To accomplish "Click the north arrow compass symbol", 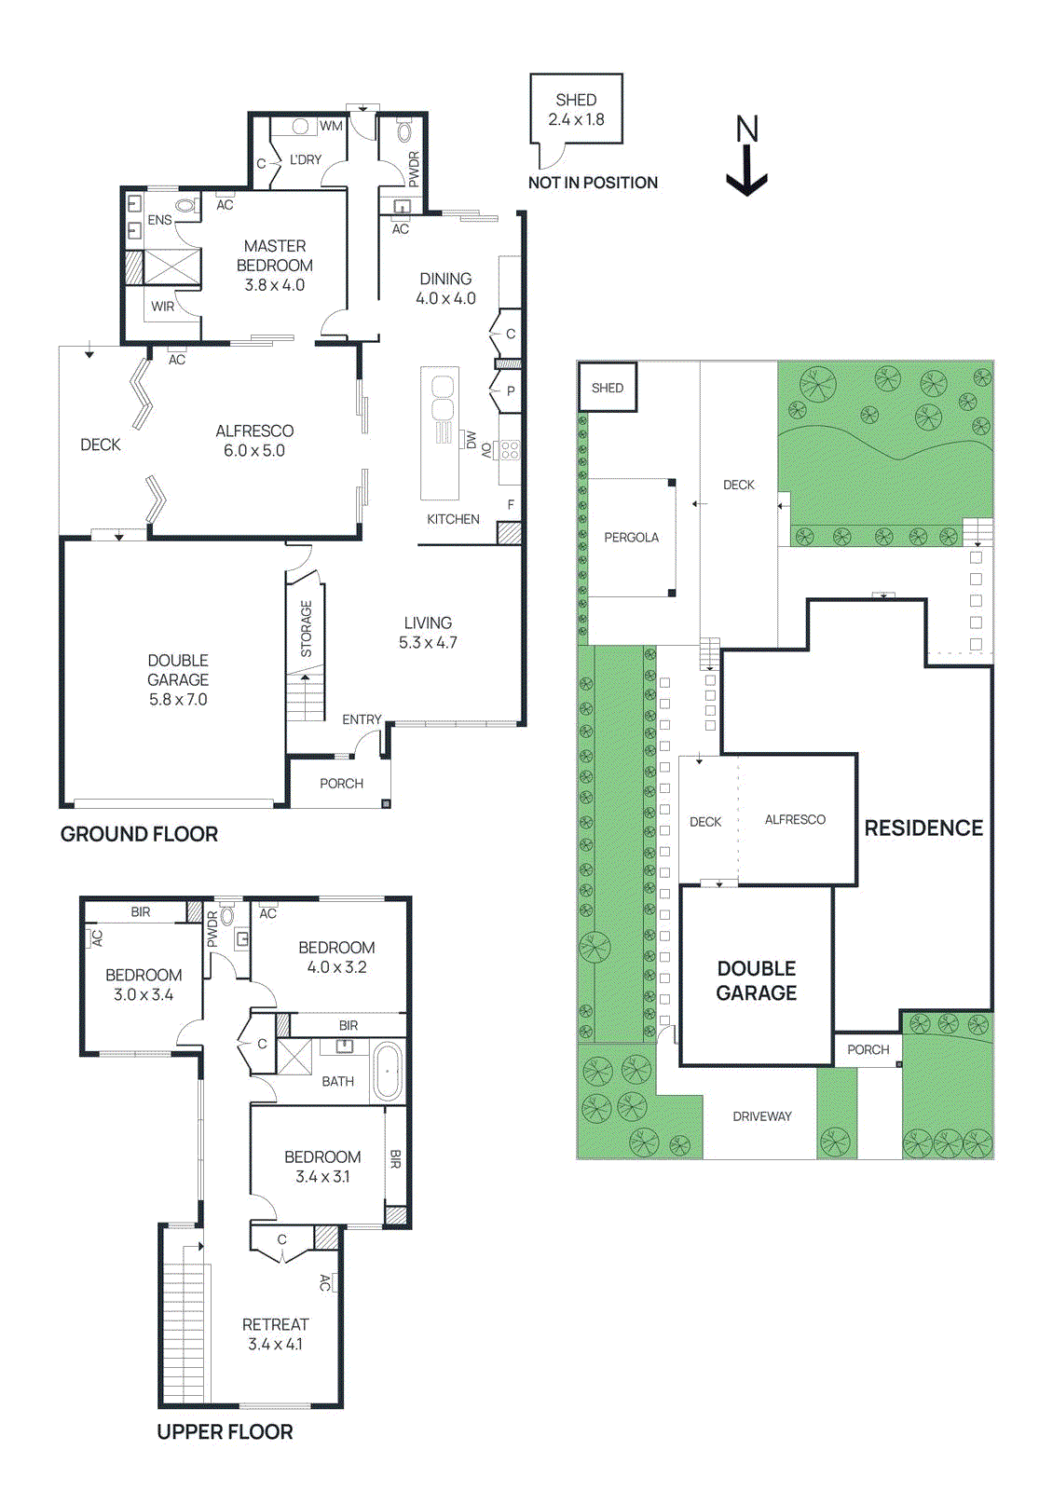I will pyautogui.click(x=746, y=157).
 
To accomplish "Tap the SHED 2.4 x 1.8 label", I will pyautogui.click(x=576, y=110).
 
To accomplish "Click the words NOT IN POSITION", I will pyautogui.click(x=593, y=183).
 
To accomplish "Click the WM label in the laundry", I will pyautogui.click(x=331, y=126).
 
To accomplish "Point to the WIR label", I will pyautogui.click(x=163, y=307).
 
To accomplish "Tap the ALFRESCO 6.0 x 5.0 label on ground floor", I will pyautogui.click(x=254, y=441).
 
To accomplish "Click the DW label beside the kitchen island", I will pyautogui.click(x=472, y=440).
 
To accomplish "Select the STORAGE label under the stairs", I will pyautogui.click(x=307, y=628).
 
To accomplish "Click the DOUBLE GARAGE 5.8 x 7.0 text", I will pyautogui.click(x=178, y=679).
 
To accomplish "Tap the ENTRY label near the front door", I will pyautogui.click(x=362, y=719).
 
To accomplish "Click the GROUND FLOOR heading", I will pyautogui.click(x=139, y=834).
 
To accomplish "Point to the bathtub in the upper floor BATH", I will pyautogui.click(x=388, y=1073).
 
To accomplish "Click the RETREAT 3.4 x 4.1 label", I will pyautogui.click(x=275, y=1334).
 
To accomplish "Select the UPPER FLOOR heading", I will pyautogui.click(x=225, y=1431).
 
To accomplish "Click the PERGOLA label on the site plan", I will pyautogui.click(x=631, y=538).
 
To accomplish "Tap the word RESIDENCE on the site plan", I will pyautogui.click(x=923, y=828).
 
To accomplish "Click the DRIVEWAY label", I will pyautogui.click(x=761, y=1116).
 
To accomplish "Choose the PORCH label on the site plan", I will pyautogui.click(x=868, y=1050).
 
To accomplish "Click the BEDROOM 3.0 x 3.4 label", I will pyautogui.click(x=144, y=984).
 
